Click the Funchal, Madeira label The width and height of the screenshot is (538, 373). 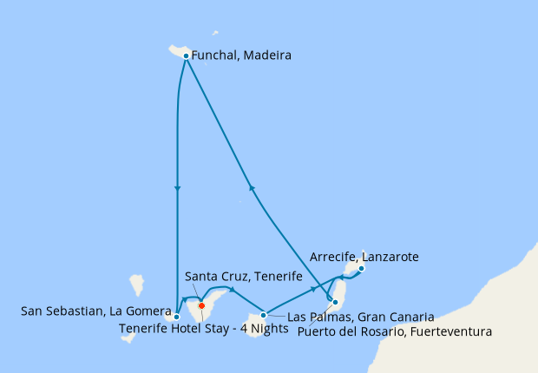241,56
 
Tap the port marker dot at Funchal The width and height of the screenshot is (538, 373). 186,56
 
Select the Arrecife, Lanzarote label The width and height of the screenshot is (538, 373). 364,257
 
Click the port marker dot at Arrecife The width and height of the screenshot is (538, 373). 361,268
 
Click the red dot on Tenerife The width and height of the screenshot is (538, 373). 201,305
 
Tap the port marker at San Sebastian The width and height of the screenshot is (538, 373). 177,317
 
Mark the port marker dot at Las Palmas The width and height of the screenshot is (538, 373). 263,315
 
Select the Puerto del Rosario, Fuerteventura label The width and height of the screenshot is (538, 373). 395,330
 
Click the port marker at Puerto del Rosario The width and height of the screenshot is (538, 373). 335,302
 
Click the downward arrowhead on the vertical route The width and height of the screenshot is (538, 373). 177,188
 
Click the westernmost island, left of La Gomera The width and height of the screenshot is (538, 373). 136,285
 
